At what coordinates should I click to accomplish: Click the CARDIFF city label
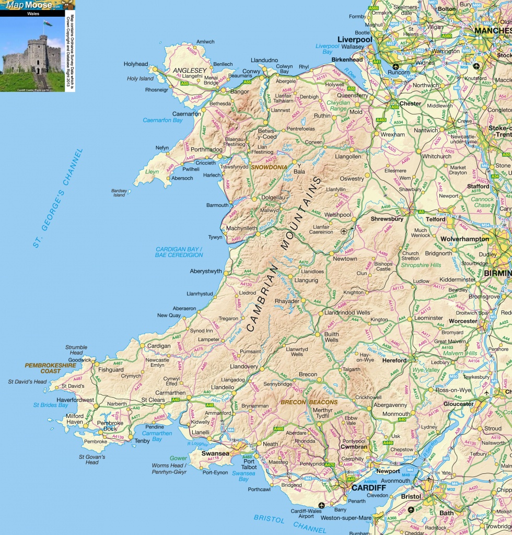tap(368, 487)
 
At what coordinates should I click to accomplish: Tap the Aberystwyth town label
tap(205, 272)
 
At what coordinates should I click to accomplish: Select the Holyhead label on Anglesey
tap(136, 64)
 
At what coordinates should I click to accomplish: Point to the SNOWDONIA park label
tap(269, 167)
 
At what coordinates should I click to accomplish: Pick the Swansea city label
tap(216, 453)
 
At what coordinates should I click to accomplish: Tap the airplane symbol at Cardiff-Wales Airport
tap(321, 505)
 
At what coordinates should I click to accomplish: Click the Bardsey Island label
tap(119, 193)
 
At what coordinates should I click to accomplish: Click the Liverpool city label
tap(355, 40)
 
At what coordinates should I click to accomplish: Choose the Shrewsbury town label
tap(387, 219)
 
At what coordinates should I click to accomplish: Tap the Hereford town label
tap(395, 360)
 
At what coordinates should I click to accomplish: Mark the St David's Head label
tap(27, 382)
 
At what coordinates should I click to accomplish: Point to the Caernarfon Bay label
tap(163, 120)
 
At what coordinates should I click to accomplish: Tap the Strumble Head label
tap(76, 350)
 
